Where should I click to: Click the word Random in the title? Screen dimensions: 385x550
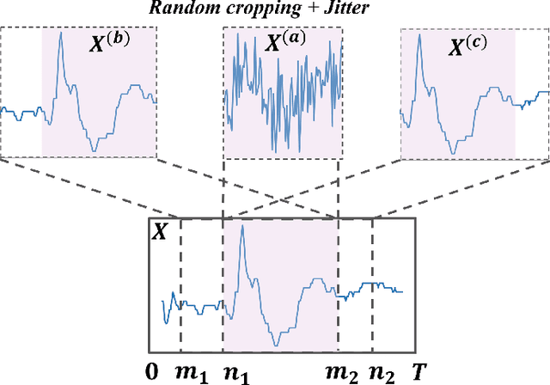(x=182, y=9)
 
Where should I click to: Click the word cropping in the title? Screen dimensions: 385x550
(x=246, y=9)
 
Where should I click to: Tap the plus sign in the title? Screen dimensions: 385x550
(x=288, y=9)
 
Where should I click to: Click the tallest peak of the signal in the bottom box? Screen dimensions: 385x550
(x=241, y=235)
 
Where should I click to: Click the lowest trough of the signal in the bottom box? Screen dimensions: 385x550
(x=276, y=345)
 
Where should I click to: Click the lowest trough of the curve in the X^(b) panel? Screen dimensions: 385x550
(x=94, y=150)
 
